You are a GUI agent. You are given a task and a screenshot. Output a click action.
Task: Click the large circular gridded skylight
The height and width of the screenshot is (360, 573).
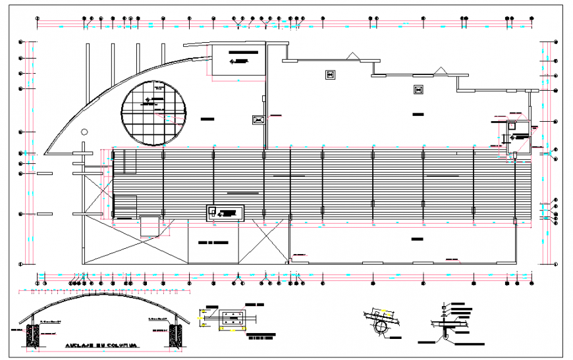(153, 113)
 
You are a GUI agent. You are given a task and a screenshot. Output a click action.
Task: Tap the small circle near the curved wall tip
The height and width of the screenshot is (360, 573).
(83, 132)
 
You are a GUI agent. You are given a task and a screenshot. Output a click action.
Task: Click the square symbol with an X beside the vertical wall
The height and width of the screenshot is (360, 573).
(258, 120)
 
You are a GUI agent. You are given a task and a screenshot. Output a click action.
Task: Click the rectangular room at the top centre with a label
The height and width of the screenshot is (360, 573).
(238, 61)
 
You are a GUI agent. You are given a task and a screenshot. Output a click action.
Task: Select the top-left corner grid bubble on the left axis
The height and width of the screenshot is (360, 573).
(22, 43)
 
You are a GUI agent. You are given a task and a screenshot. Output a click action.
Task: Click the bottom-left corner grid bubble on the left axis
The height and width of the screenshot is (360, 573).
(22, 265)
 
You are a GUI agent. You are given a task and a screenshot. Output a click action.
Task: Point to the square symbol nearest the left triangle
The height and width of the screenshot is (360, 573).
(331, 74)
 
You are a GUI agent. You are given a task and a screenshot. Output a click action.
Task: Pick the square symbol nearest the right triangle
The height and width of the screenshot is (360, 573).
(418, 90)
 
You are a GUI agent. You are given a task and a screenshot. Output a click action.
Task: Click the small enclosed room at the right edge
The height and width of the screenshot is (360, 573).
(514, 134)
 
